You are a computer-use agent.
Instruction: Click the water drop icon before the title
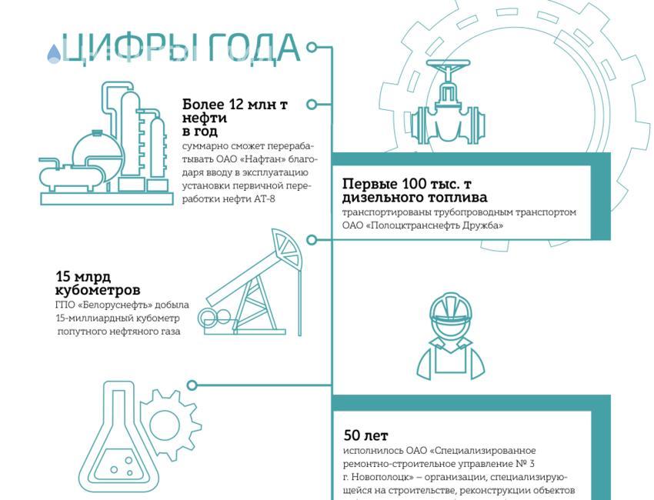[x=53, y=53]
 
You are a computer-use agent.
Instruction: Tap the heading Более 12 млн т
[x=235, y=105]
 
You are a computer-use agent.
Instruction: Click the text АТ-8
[x=264, y=198]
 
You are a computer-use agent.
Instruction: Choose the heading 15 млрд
[x=83, y=276]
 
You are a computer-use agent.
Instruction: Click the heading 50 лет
[x=365, y=435]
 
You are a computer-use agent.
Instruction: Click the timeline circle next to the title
[x=312, y=47]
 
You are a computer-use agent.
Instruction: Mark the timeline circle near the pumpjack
[x=312, y=240]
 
